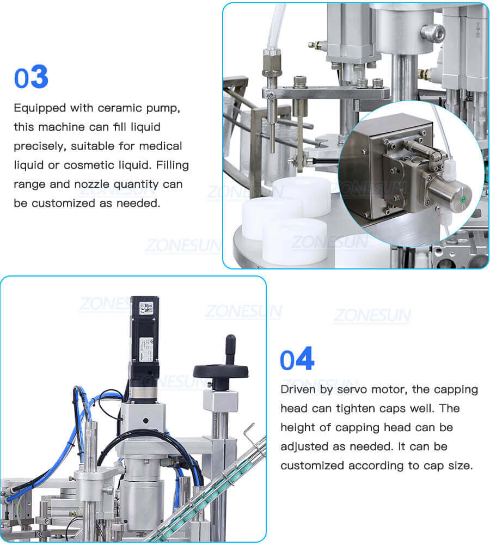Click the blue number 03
click(31, 77)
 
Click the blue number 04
click(297, 360)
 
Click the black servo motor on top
click(144, 332)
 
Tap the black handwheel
click(220, 371)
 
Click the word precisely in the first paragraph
click(37, 146)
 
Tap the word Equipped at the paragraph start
click(39, 108)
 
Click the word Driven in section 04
click(298, 389)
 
